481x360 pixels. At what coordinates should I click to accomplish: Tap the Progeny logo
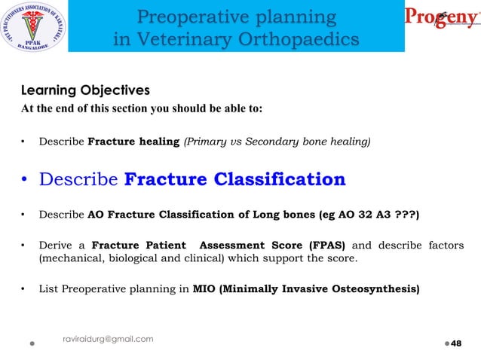442,19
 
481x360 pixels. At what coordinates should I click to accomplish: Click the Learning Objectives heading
84,90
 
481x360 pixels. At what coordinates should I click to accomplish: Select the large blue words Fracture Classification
234,179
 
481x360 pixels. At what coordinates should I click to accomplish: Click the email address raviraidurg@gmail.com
108,339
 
